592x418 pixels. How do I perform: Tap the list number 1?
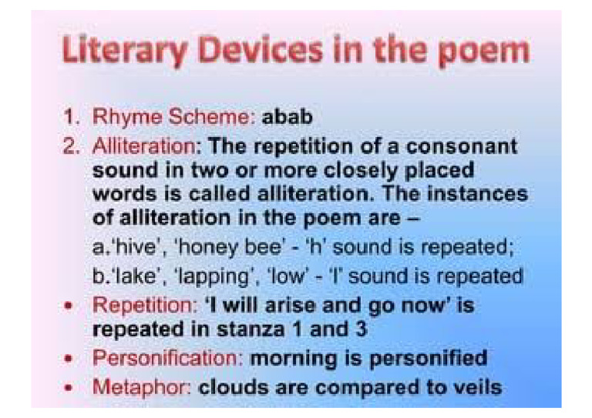point(71,118)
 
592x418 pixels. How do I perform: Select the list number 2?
point(71,146)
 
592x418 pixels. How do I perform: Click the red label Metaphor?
point(139,386)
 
